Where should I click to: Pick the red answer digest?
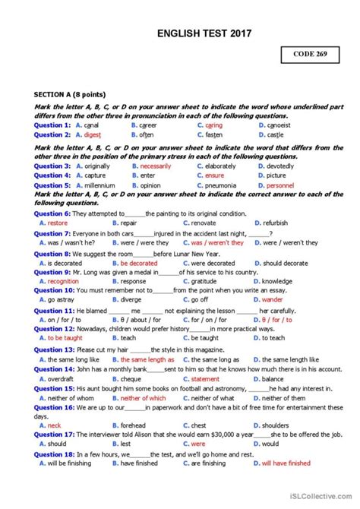click(92, 134)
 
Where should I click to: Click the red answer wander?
click(277, 299)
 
